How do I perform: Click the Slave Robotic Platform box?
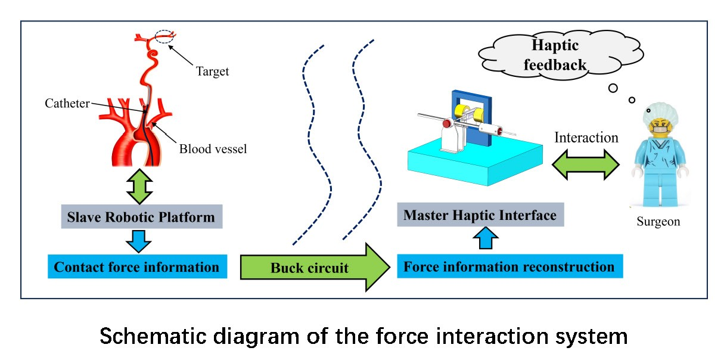pos(141,217)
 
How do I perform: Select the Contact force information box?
pos(136,266)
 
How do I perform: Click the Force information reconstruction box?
pos(509,266)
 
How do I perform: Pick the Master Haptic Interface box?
pos(480,215)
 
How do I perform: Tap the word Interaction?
pos(586,138)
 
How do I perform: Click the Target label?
pos(212,72)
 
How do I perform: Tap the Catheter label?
pos(67,103)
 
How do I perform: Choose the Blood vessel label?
pos(213,148)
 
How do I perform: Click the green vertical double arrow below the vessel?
pos(142,186)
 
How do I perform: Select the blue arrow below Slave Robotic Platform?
pos(139,241)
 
